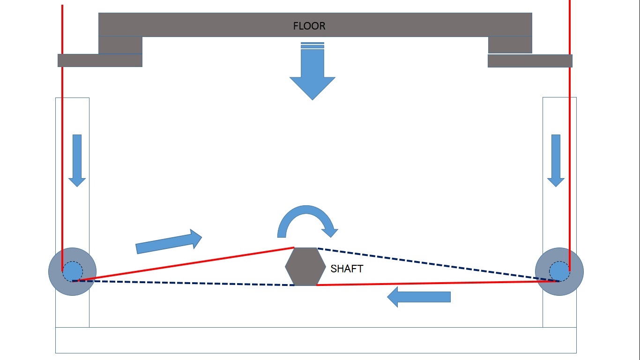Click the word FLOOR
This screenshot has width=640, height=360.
pyautogui.click(x=309, y=26)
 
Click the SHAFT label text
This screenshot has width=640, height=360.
pyautogui.click(x=347, y=269)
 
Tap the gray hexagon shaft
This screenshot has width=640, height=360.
pyautogui.click(x=305, y=267)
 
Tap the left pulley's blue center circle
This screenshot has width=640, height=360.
pyautogui.click(x=72, y=271)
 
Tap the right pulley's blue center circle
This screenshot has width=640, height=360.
pyautogui.click(x=559, y=271)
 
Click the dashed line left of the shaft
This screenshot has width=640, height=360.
pyautogui.click(x=187, y=283)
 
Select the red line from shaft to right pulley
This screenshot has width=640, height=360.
pyautogui.click(x=436, y=283)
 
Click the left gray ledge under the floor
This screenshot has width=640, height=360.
pyautogui.click(x=100, y=60)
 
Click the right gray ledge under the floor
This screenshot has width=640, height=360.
pyautogui.click(x=530, y=61)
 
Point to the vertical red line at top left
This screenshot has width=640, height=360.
pyautogui.click(x=62, y=141)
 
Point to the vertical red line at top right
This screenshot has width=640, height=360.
pyautogui.click(x=570, y=141)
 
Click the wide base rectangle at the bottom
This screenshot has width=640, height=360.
pyautogui.click(x=316, y=340)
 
